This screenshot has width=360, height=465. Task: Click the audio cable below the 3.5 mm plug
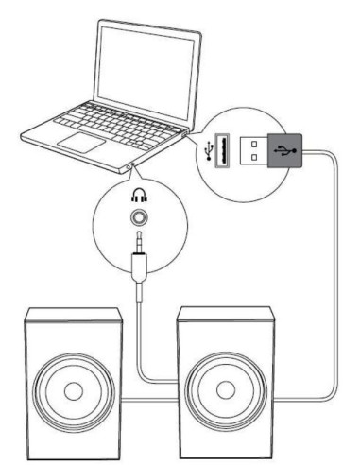[x=140, y=312]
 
